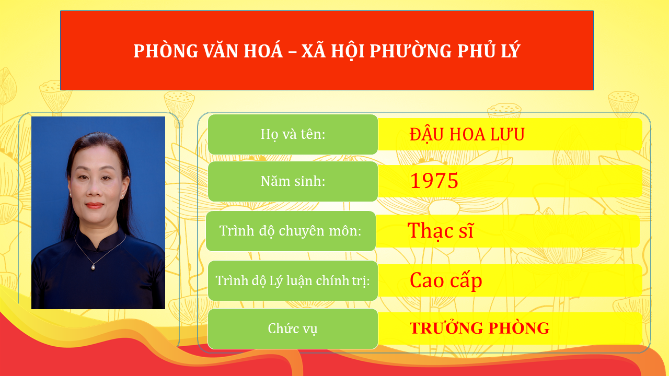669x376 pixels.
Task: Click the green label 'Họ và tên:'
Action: click(x=293, y=134)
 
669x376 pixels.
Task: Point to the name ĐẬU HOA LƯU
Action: click(x=467, y=135)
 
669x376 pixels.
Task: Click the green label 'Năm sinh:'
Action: click(x=293, y=181)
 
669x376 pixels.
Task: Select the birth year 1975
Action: click(x=434, y=181)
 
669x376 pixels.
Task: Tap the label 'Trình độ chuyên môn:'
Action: click(x=291, y=231)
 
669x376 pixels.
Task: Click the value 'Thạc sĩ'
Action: click(x=440, y=231)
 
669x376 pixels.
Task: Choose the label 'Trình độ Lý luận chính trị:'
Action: click(x=293, y=280)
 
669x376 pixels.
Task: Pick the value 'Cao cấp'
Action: click(x=446, y=280)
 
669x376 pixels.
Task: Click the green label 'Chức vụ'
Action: click(x=293, y=328)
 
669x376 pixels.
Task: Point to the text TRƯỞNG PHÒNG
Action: click(x=479, y=328)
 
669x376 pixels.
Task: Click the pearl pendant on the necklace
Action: click(x=94, y=267)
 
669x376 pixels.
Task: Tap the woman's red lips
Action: click(x=95, y=205)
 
